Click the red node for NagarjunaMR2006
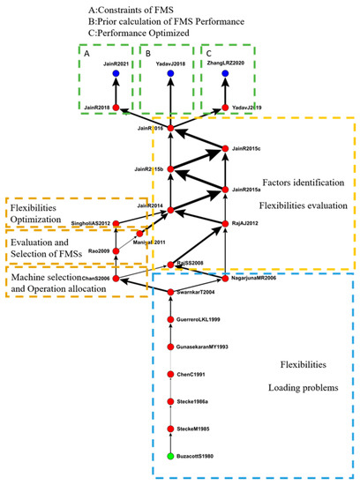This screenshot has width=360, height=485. coord(226,278)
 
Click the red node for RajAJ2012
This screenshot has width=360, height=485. coord(226,223)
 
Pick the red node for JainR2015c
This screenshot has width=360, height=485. coord(226,149)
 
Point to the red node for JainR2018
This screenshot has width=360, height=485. coord(115,107)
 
